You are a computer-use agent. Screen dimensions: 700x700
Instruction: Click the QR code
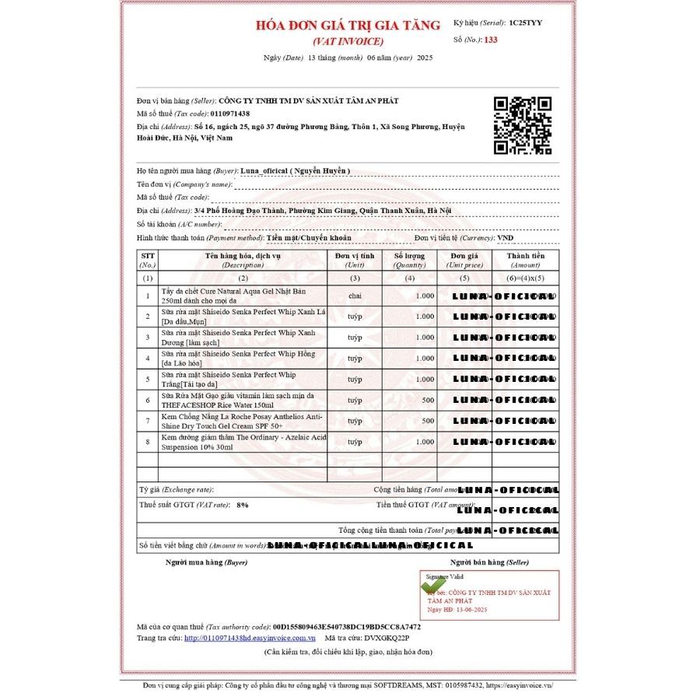523,125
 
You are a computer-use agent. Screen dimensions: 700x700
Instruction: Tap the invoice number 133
490,40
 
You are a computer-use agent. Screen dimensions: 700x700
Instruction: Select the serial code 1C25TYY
526,23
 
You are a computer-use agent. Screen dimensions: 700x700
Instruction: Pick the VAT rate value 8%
243,505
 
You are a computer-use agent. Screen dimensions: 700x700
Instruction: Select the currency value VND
506,237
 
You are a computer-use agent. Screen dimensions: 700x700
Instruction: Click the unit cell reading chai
355,296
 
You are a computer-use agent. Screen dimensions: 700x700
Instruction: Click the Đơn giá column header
464,260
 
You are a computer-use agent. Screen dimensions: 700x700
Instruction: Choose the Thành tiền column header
526,260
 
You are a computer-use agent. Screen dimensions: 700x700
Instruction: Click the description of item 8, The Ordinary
241,442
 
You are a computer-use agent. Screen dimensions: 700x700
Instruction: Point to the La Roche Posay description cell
241,421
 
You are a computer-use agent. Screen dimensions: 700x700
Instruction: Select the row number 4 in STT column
148,358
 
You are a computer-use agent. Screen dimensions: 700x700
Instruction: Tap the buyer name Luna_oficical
296,170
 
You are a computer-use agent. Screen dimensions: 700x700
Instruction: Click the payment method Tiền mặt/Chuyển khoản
309,237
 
